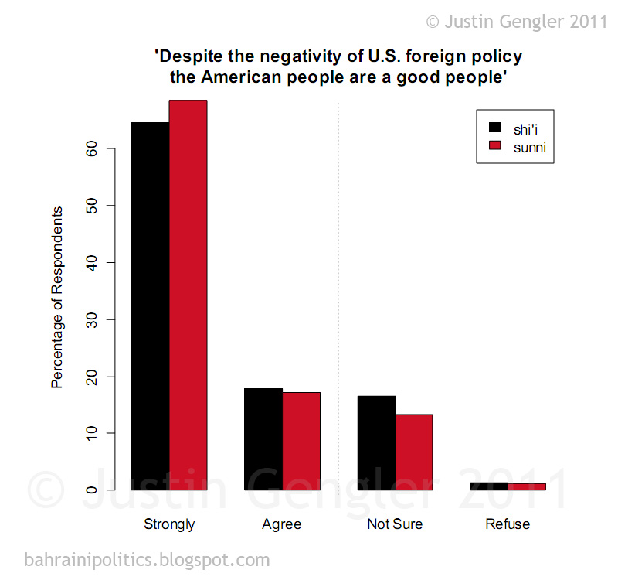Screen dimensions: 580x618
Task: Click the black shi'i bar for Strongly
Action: click(150, 305)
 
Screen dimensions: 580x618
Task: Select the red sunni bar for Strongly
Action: click(188, 295)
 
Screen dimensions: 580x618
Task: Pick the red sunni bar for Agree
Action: click(301, 441)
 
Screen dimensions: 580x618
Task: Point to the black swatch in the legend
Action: click(495, 127)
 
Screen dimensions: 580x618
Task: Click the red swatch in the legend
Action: click(495, 146)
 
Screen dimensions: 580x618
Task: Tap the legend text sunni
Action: click(529, 147)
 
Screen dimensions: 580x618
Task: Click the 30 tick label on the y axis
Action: click(90, 319)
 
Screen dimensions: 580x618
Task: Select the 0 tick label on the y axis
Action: click(90, 490)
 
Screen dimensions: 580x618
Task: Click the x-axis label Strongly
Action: click(169, 524)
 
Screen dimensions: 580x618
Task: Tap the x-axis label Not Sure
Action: click(395, 524)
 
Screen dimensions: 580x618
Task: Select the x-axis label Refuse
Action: click(508, 524)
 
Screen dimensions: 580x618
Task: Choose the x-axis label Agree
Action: click(282, 524)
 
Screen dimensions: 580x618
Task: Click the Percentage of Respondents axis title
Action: click(57, 297)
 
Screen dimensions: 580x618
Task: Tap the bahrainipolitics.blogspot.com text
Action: click(147, 559)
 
